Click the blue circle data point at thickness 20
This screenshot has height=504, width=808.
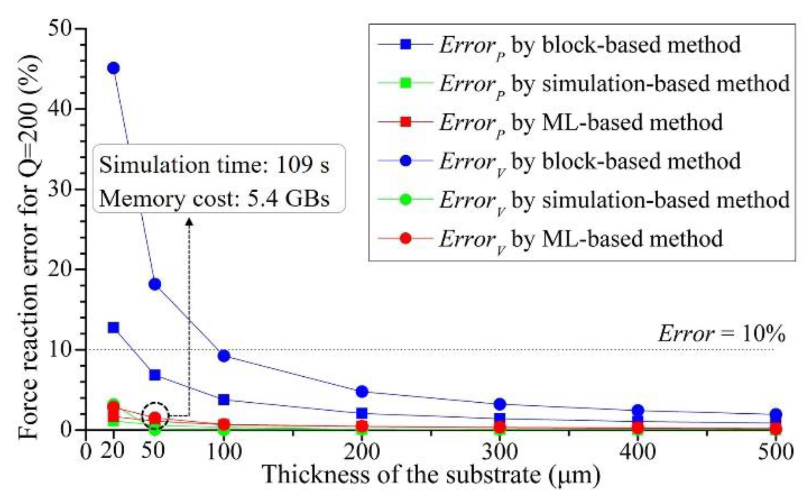pyautogui.click(x=113, y=68)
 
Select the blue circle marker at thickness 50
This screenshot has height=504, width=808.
pyautogui.click(x=155, y=284)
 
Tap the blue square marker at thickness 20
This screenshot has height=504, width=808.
pyautogui.click(x=113, y=328)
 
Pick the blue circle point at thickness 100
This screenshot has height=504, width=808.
pyautogui.click(x=224, y=356)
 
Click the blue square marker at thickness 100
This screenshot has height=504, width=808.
pyautogui.click(x=224, y=399)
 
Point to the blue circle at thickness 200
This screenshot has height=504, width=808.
pyautogui.click(x=362, y=391)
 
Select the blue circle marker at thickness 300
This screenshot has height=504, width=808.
pyautogui.click(x=500, y=404)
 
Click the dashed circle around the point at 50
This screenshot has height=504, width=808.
pyautogui.click(x=155, y=415)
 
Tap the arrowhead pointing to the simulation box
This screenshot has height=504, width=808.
pyautogui.click(x=189, y=223)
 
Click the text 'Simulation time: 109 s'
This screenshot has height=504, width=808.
pyautogui.click(x=214, y=165)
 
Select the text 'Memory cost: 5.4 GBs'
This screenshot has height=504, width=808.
pyautogui.click(x=214, y=199)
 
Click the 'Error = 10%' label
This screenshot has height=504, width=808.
pyautogui.click(x=722, y=334)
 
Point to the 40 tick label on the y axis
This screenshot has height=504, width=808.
pyautogui.click(x=60, y=109)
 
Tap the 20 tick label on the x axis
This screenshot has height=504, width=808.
pyautogui.click(x=112, y=452)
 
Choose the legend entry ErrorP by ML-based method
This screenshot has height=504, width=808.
pyautogui.click(x=580, y=122)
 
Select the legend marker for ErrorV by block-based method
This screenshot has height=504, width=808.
pyautogui.click(x=405, y=161)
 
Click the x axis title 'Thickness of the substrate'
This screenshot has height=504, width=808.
pyautogui.click(x=431, y=475)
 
